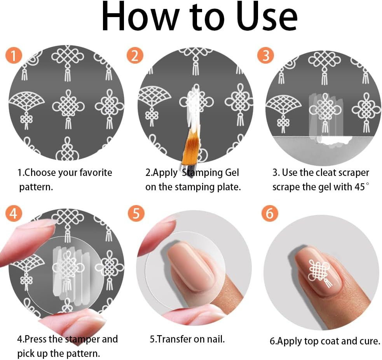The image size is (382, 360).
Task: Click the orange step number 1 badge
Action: [x=14, y=56]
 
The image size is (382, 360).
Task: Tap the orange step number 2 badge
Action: [x=135, y=56]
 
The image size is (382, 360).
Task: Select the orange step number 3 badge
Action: [x=265, y=56]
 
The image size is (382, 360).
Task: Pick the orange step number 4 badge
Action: [x=14, y=213]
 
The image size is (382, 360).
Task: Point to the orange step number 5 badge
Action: [x=136, y=213]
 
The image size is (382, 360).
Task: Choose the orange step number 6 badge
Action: [x=270, y=213]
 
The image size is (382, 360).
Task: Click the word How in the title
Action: [x=140, y=17]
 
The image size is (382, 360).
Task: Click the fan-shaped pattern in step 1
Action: [x=26, y=101]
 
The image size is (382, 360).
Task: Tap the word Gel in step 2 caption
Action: [x=232, y=172]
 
